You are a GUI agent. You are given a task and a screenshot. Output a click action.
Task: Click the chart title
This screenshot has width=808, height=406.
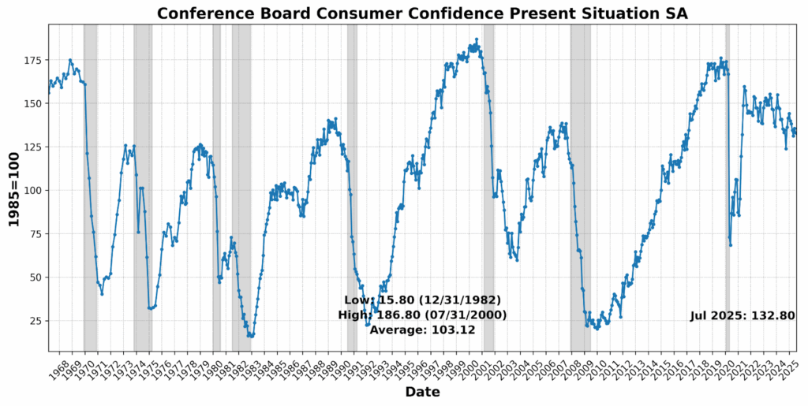(x=422, y=13)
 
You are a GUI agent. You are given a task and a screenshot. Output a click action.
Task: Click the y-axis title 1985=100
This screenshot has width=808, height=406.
(x=14, y=188)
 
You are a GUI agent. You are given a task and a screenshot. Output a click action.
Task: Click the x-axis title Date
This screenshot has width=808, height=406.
(x=422, y=392)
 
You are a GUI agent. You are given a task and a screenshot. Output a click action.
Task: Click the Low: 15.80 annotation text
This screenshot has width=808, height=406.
(x=422, y=300)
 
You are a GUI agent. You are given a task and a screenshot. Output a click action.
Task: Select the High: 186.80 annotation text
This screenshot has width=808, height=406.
(x=422, y=315)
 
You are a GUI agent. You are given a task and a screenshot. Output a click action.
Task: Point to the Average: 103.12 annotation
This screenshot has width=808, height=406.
(x=422, y=330)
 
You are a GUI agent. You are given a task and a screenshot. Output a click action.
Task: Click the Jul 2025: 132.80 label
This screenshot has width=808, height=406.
(x=742, y=315)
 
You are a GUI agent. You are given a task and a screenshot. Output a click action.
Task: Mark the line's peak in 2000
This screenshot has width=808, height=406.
(x=477, y=39)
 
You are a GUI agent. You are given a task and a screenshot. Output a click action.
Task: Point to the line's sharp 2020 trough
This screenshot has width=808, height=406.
(x=731, y=245)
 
